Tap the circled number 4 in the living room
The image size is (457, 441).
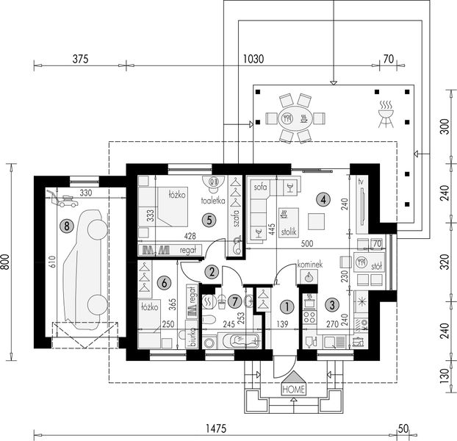coord(321,198)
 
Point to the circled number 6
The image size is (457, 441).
coord(164,281)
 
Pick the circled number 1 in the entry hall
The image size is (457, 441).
coord(287,304)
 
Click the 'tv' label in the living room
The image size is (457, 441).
coord(361,181)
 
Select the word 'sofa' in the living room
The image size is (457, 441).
coord(259,187)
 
